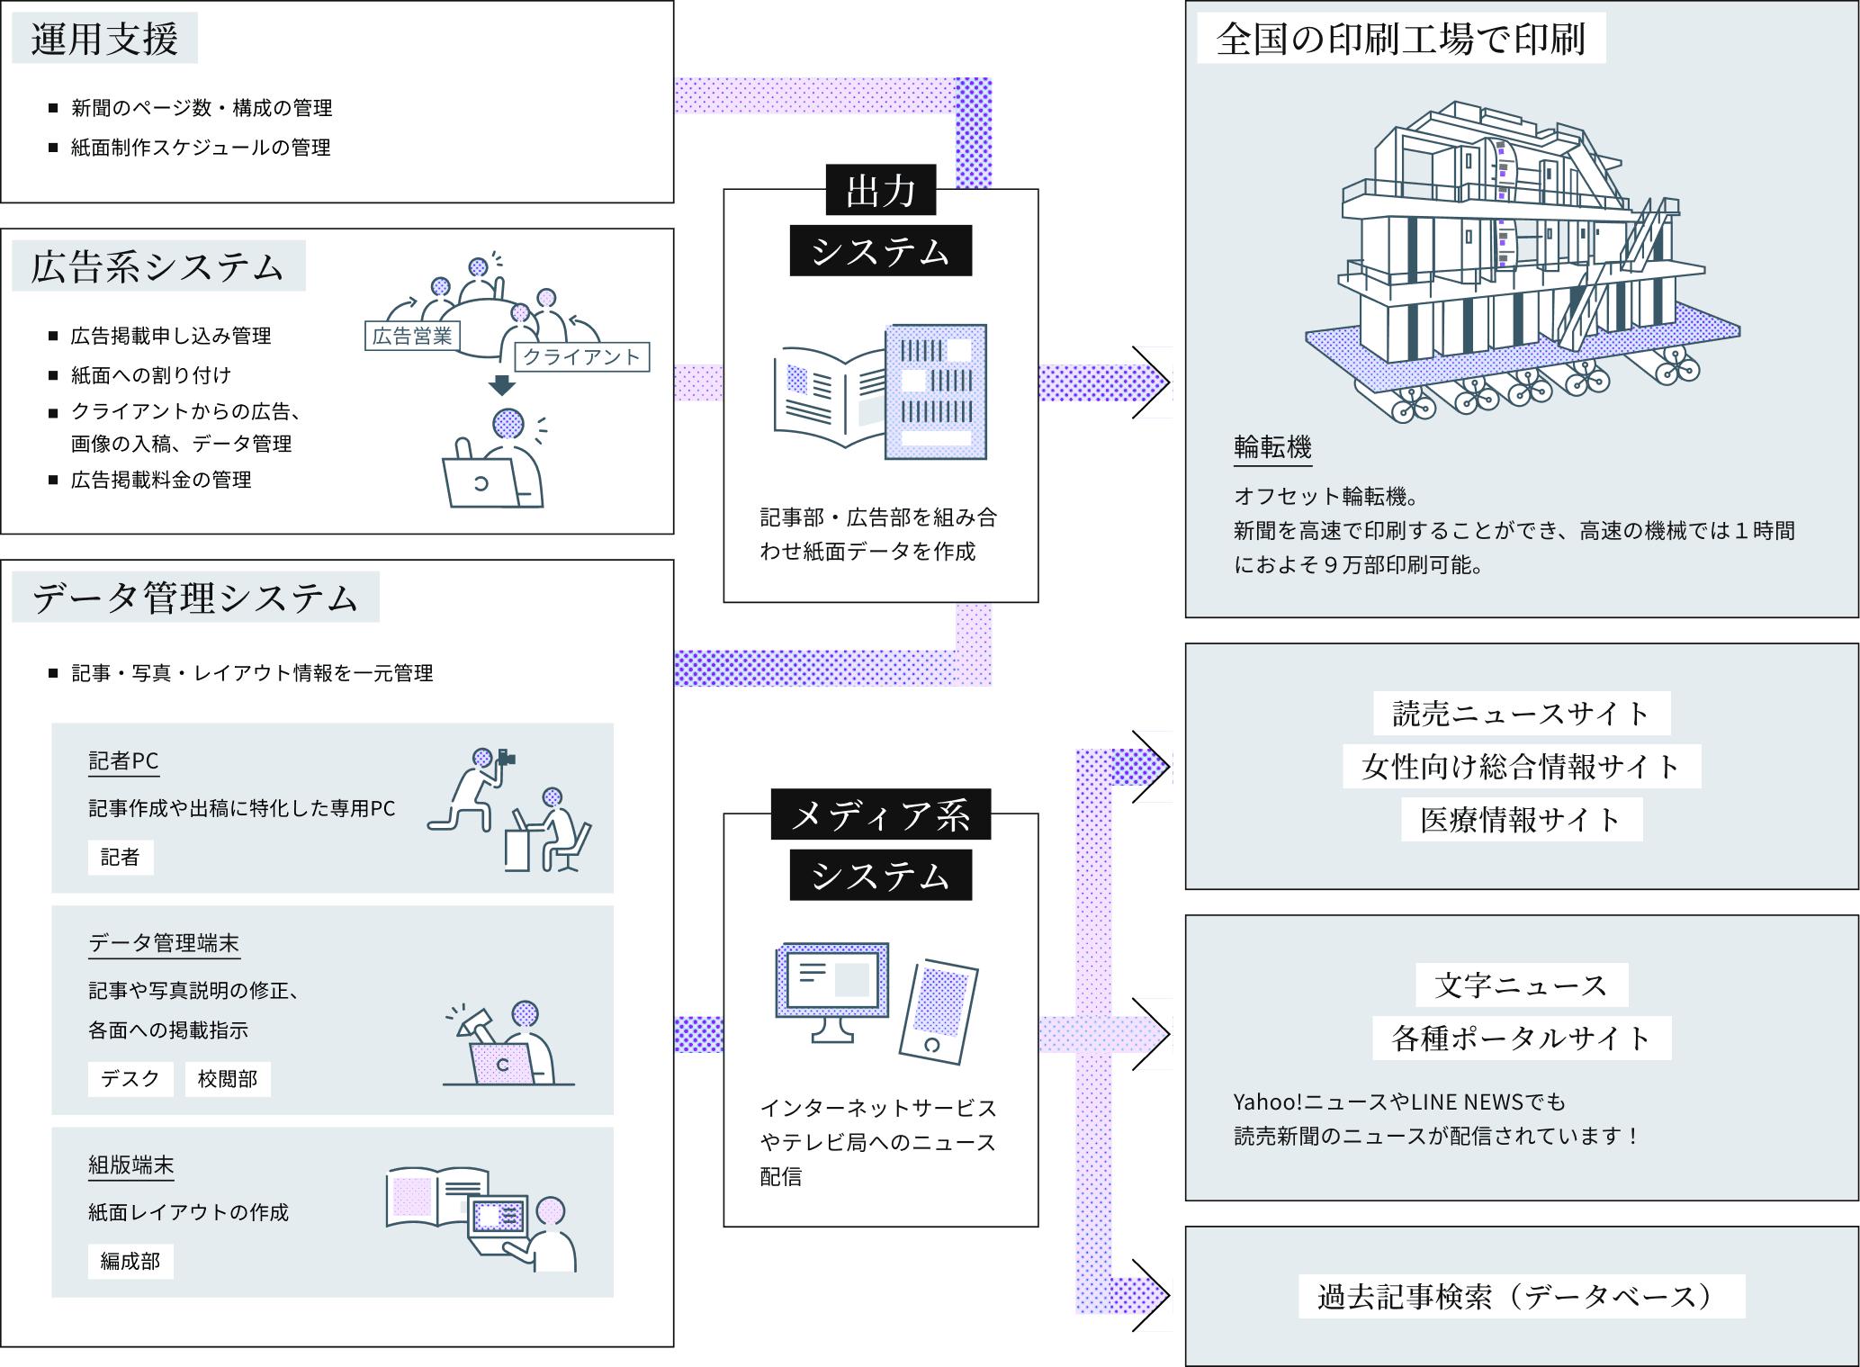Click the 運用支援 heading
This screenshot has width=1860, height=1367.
tap(104, 39)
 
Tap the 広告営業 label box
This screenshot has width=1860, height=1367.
tap(412, 336)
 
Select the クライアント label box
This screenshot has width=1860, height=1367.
tap(581, 356)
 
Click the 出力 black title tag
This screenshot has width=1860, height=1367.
tap(880, 191)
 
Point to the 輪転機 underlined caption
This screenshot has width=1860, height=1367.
tap(1272, 447)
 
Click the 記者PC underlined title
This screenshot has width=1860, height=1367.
tap(123, 761)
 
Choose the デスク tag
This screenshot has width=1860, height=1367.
tap(130, 1078)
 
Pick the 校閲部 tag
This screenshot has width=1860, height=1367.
tap(228, 1078)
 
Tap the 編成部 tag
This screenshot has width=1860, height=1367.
tap(130, 1261)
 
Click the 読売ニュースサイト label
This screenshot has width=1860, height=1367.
tap(1521, 714)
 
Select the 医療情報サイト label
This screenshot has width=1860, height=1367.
tap(1521, 820)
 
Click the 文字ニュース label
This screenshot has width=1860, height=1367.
tap(1521, 985)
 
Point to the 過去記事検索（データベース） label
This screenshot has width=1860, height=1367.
tap(1521, 1296)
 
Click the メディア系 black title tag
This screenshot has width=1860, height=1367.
tap(880, 814)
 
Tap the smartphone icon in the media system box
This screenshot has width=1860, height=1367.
tap(938, 1012)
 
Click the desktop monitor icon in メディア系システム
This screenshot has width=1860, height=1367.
tap(832, 990)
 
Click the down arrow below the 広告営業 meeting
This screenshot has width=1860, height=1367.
tap(501, 384)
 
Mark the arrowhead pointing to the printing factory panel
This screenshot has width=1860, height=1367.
tap(1154, 382)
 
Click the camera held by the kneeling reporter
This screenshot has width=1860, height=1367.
tap(506, 758)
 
